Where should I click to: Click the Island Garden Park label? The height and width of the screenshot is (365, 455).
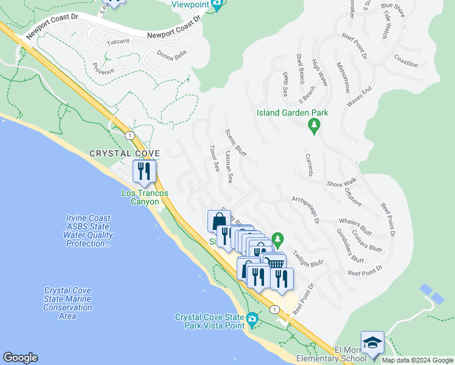pos(292,113)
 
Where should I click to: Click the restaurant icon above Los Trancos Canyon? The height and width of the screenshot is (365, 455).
pos(145,170)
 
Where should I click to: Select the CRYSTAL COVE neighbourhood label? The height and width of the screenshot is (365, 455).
pos(125,153)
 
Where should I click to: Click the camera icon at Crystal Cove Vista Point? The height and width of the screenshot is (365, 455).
pos(252,318)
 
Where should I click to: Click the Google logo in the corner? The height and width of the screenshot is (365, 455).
pos(20,358)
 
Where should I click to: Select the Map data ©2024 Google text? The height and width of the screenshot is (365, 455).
pos(417,360)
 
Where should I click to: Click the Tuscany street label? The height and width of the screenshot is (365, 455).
pos(118,41)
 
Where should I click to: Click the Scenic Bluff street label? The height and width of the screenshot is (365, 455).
pos(235,144)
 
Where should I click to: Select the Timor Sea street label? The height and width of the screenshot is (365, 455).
pos(213,158)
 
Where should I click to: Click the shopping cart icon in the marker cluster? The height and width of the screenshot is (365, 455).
pos(275,263)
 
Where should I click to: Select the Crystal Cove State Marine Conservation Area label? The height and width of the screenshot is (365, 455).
pos(68,303)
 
